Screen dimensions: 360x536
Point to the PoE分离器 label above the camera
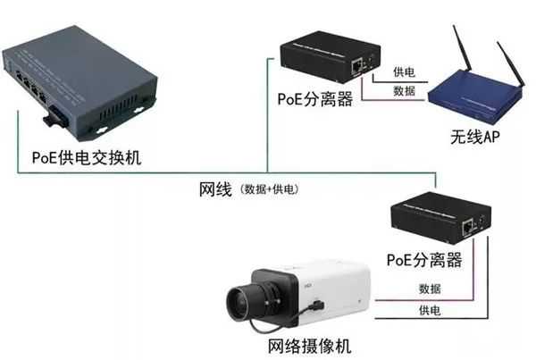pos(424,260)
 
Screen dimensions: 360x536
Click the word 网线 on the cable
pos(215,189)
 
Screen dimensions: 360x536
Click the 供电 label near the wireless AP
pos(403,72)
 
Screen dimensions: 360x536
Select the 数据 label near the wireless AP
pos(403,91)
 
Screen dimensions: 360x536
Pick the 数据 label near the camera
pos(429,288)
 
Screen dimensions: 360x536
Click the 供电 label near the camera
pos(429,309)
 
